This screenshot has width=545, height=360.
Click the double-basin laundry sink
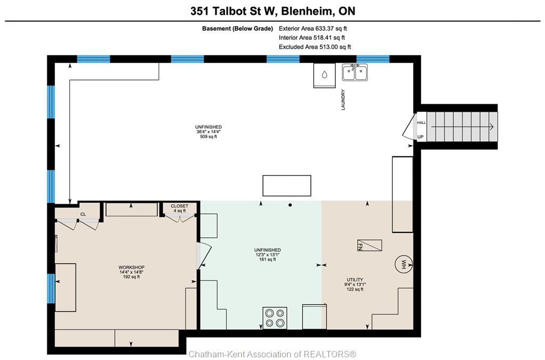[x=354, y=72]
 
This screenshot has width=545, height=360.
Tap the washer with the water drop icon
[x=324, y=76]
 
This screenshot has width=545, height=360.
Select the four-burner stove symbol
[x=275, y=317]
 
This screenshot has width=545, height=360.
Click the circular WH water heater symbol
[x=403, y=264]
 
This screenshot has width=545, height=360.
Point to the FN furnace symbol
[x=369, y=245]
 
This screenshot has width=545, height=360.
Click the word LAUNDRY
[x=343, y=99]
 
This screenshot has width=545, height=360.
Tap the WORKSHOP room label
[x=131, y=267]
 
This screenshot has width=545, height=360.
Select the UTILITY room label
[x=355, y=280]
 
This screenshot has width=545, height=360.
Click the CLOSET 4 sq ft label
[x=180, y=208]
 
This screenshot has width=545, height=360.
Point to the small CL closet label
[x=83, y=214]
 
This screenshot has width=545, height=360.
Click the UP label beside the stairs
[x=420, y=137]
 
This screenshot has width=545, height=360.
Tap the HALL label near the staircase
[x=422, y=122]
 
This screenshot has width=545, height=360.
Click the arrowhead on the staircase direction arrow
[x=492, y=127]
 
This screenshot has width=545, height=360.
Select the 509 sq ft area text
[x=209, y=137]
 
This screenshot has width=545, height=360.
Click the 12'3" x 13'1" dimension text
[x=268, y=255]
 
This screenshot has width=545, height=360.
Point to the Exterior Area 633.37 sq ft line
[x=313, y=29]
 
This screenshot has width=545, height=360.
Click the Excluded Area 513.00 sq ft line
[x=315, y=47]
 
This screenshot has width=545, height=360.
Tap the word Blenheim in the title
[x=307, y=11]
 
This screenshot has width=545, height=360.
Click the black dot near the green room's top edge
[x=290, y=205]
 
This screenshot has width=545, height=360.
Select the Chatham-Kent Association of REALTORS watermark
[x=272, y=354]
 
